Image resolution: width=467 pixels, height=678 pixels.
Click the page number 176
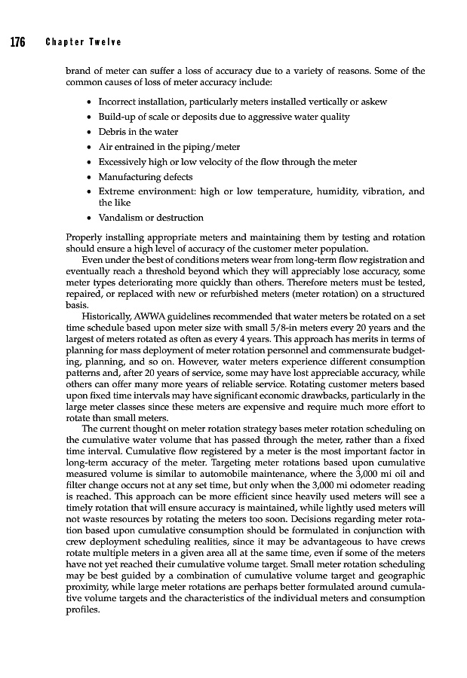point(17,41)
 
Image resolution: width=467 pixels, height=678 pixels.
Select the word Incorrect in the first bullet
point(118,102)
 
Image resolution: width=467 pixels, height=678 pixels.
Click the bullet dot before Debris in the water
point(91,132)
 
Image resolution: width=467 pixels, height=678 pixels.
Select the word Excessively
point(124,162)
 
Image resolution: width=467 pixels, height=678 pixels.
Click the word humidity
point(329,191)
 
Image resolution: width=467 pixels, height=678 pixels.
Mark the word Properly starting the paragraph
point(84,237)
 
